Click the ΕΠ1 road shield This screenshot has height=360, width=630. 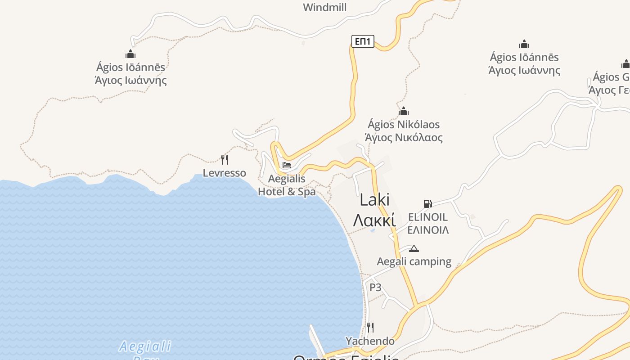[363, 42]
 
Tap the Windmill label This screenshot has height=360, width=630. [324, 7]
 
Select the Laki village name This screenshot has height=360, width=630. [374, 200]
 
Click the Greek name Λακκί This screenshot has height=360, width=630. [374, 220]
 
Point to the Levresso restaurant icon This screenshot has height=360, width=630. [224, 159]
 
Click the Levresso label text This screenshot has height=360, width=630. [224, 173]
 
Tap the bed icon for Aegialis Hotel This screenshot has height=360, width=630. [287, 165]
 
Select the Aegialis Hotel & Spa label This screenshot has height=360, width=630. [287, 185]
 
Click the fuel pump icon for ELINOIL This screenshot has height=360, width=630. [427, 204]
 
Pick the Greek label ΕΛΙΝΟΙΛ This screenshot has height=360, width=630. [428, 230]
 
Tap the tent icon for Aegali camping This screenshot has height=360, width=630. [414, 248]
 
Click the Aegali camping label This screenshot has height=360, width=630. [414, 261]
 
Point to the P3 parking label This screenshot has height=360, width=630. [375, 287]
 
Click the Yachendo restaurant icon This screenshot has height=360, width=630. [370, 327]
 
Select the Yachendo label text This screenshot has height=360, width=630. [370, 341]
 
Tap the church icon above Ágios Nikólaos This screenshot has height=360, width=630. [404, 111]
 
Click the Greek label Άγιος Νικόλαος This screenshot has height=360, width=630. [404, 137]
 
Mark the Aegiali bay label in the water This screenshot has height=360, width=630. [145, 346]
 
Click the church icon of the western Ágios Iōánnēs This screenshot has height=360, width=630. [130, 54]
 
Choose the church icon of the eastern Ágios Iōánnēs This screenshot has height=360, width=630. [524, 44]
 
